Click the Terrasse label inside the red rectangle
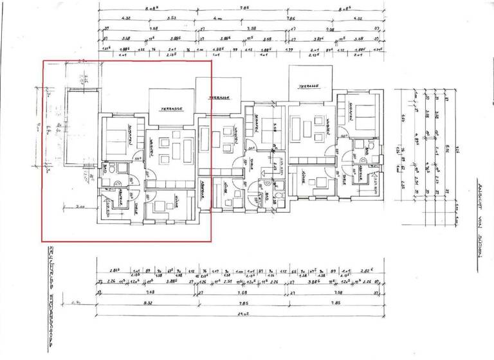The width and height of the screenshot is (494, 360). (x=172, y=109)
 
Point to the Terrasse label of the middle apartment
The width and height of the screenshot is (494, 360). (x=219, y=97)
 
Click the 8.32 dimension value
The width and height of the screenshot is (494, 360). (x=148, y=303)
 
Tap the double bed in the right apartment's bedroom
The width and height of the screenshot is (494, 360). (x=361, y=120)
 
